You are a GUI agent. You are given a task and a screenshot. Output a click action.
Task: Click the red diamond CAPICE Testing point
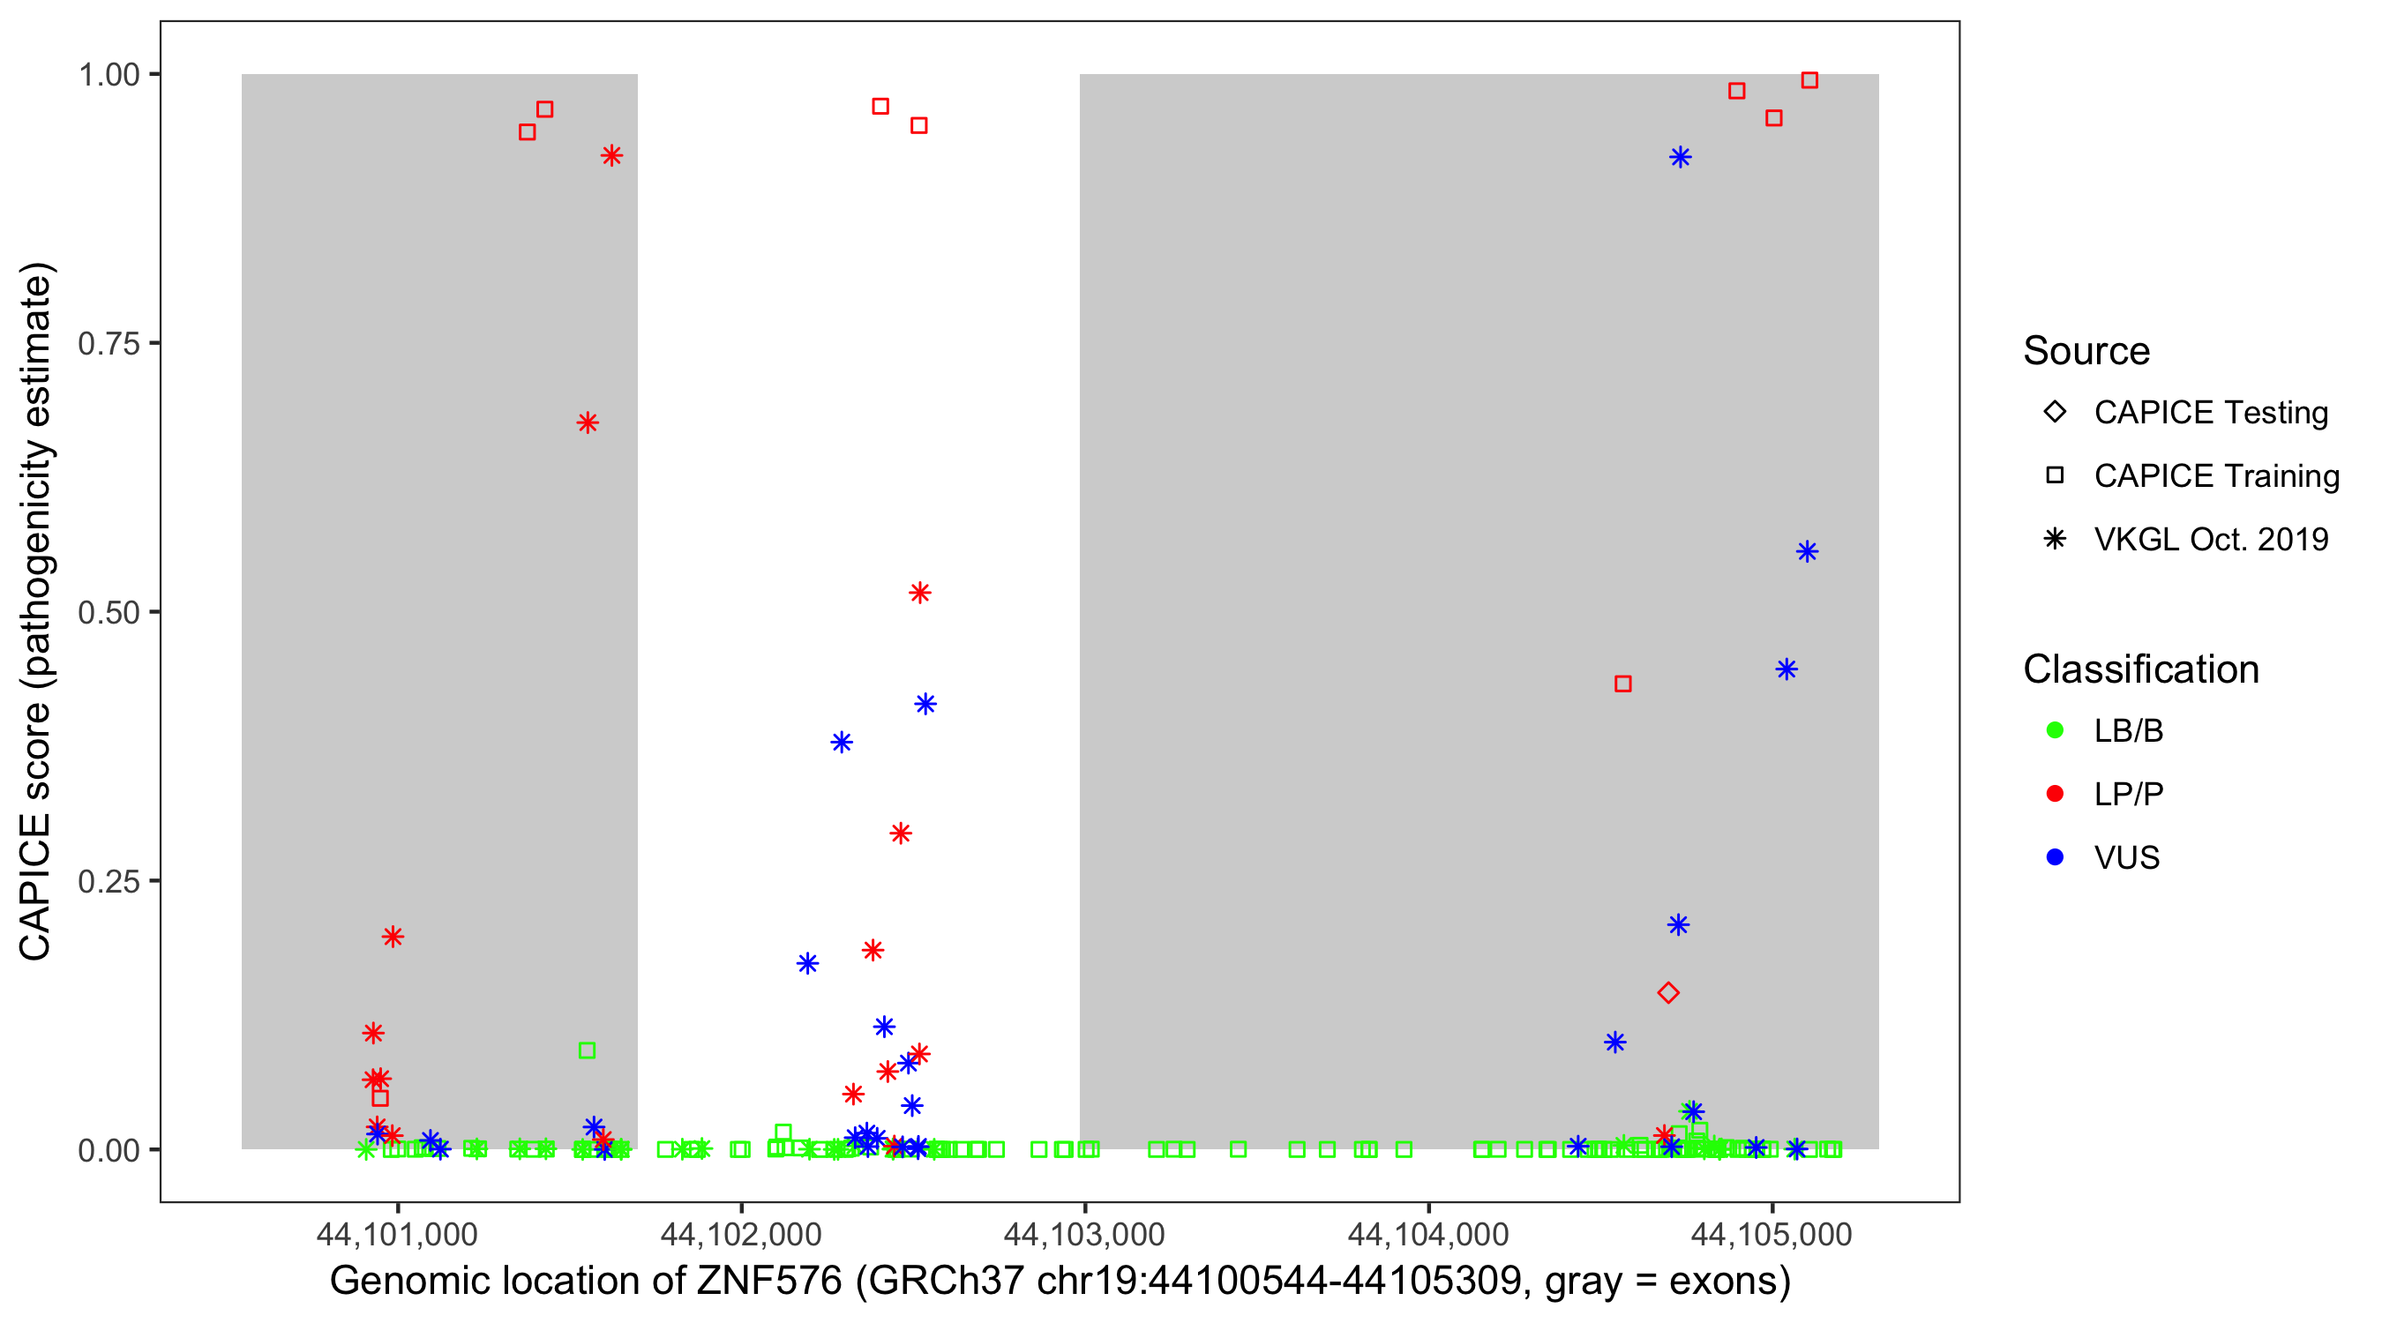[x=1668, y=993]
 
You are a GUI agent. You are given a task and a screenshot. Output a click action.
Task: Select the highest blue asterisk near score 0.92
[x=1680, y=157]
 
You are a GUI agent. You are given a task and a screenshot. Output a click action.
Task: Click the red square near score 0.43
[x=1622, y=684]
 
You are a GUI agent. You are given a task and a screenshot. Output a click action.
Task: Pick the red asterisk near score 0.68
[x=588, y=423]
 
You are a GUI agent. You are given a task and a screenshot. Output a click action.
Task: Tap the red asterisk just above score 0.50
[x=919, y=593]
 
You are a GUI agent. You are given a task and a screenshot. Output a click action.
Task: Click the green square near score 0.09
[x=587, y=1050]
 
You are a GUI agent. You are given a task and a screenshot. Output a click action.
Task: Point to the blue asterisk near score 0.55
[x=1807, y=552]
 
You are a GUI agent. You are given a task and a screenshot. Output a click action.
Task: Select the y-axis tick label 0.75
[x=108, y=344]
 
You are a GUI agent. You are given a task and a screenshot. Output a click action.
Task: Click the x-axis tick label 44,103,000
[x=1083, y=1234]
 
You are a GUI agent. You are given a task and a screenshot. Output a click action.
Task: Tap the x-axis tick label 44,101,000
[x=397, y=1234]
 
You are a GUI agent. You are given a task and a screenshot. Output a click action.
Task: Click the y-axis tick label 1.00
[x=108, y=75]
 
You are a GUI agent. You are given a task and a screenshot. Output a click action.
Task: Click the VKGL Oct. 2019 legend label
[x=2211, y=539]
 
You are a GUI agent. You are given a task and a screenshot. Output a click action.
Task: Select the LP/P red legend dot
[x=2055, y=794]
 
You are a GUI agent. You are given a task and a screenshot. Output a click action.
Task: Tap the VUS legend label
[x=2127, y=858]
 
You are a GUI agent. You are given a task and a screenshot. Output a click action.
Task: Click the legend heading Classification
[x=2140, y=669]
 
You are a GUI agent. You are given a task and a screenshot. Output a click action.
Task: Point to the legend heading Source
[x=2086, y=351]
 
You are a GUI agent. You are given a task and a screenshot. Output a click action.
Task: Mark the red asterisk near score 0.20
[x=392, y=937]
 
